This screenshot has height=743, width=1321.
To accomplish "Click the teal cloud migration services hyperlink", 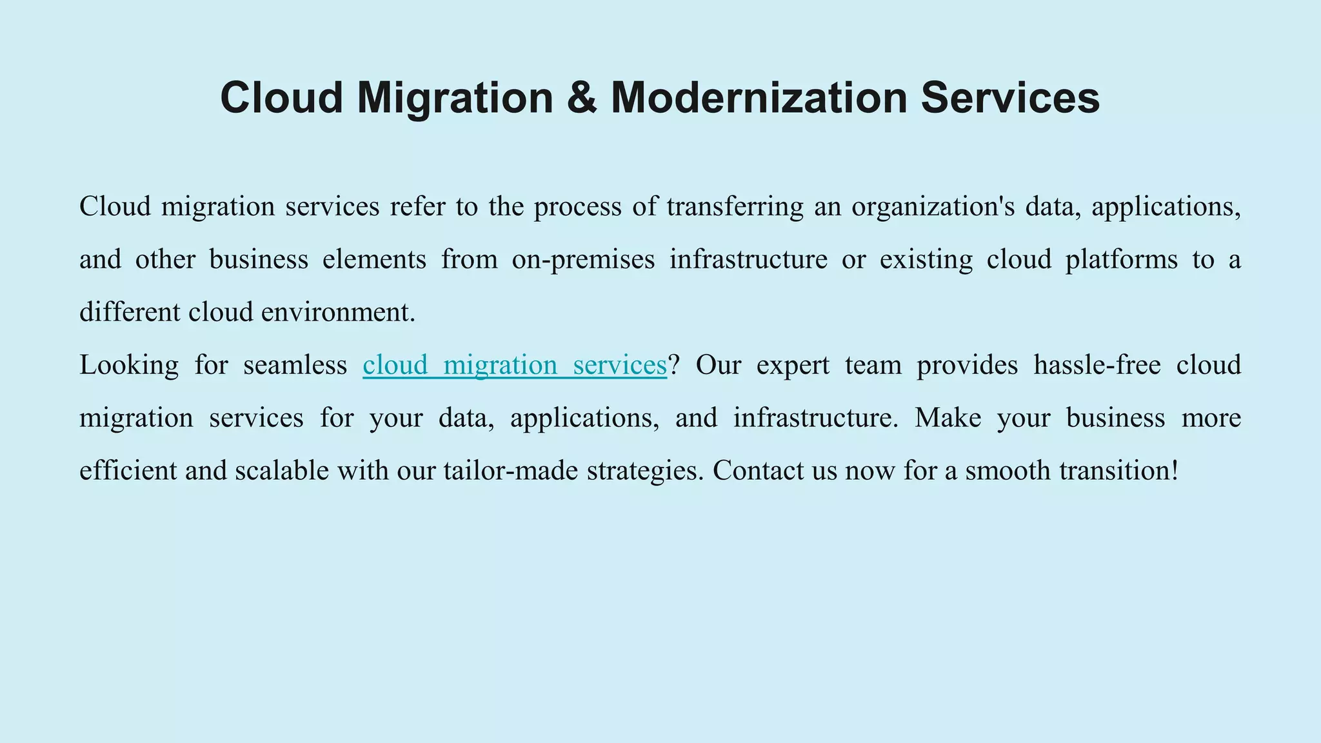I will point(514,365).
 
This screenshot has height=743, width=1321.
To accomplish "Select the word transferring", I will point(735,206).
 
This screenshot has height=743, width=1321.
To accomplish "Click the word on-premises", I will point(583,260).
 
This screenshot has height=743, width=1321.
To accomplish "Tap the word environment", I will point(338,312).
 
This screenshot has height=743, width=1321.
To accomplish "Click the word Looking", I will point(129,365).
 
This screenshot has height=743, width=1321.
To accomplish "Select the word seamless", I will point(295,365).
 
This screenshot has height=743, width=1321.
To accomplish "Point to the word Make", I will point(948,418).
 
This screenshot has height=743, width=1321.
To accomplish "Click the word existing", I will point(926,260).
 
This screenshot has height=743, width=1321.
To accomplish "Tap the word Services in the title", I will point(1009,98).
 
